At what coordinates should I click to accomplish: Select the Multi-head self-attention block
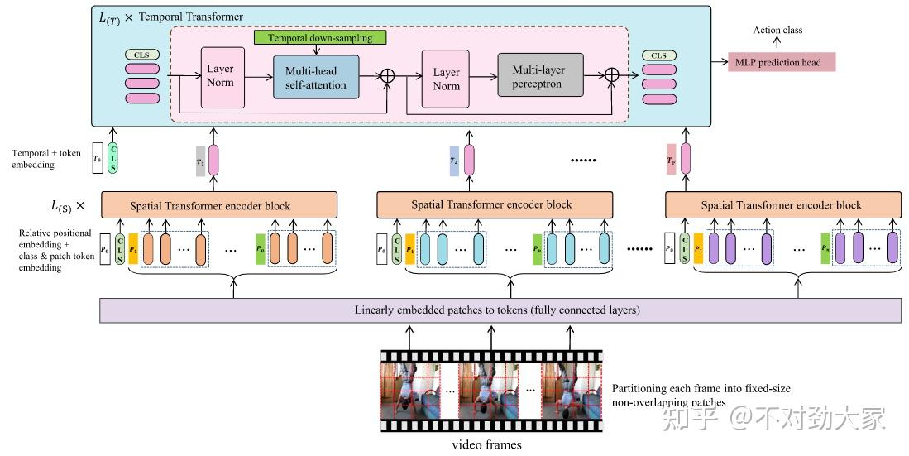click(x=317, y=77)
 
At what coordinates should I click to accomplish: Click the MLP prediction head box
click(x=782, y=62)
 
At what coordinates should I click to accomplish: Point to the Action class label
click(x=777, y=31)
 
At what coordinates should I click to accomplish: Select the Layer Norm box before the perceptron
click(x=446, y=78)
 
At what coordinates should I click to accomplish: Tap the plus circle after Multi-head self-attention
click(x=386, y=74)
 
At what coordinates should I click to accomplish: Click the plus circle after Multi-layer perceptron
click(x=612, y=74)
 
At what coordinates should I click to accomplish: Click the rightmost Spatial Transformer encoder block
click(x=781, y=205)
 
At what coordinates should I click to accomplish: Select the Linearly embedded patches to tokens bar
click(x=500, y=310)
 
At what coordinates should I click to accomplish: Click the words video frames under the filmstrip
click(x=486, y=444)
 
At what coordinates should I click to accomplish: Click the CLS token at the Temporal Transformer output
click(x=658, y=55)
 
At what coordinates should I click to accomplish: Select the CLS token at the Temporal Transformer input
click(x=141, y=55)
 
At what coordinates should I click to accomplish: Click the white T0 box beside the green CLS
click(x=98, y=159)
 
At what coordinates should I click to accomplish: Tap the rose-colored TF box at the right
click(x=672, y=159)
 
